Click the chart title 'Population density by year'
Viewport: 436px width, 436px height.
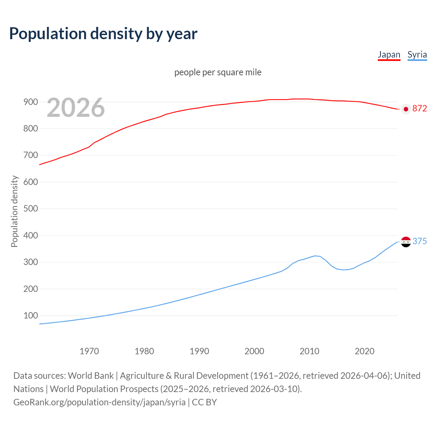[103, 33]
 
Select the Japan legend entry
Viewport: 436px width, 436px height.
[389, 54]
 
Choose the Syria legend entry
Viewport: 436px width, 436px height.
[417, 54]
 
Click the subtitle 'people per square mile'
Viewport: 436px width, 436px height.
[218, 72]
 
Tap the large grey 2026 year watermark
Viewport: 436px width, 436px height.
[76, 108]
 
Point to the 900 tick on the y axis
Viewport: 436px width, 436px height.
[30, 102]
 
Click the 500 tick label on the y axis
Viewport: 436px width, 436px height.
[30, 208]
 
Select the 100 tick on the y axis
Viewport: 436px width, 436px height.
[30, 315]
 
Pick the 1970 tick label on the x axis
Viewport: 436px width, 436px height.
[89, 351]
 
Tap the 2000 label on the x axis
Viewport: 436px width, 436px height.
[254, 351]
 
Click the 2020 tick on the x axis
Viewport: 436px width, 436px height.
[364, 351]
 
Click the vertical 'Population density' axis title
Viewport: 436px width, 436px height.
[14, 211]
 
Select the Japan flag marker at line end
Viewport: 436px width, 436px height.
[406, 109]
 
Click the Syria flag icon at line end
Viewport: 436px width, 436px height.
[406, 242]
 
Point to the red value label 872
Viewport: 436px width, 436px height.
[419, 108]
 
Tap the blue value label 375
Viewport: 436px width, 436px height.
[419, 241]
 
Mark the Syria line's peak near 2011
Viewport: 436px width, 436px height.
[315, 255]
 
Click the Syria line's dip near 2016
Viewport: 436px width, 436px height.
[343, 270]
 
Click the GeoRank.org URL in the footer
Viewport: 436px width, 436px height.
[99, 402]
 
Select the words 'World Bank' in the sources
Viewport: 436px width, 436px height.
[91, 375]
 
